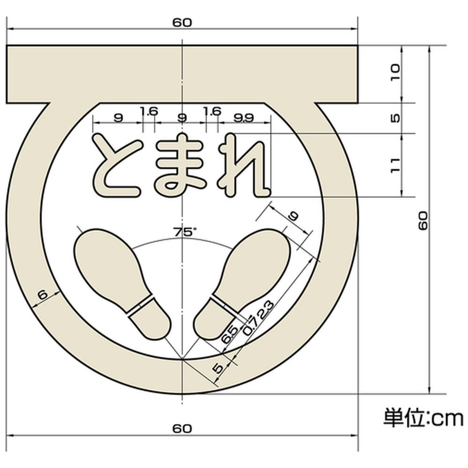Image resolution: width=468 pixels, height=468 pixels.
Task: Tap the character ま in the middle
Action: [181, 165]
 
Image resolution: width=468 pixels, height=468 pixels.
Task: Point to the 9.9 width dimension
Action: [243, 118]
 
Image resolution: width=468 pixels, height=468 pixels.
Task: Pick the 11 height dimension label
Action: [395, 165]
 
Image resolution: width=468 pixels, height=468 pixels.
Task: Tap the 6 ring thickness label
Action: [43, 294]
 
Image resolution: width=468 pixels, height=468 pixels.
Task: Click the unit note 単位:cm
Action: [423, 417]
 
